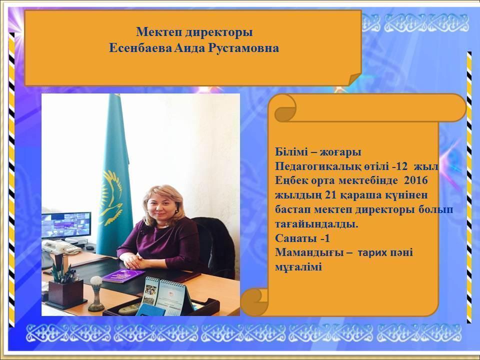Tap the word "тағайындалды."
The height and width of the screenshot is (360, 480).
pos(316,223)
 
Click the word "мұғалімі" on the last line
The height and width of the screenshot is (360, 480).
pos(298,267)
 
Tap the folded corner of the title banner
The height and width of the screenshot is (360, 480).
pos(354,78)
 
